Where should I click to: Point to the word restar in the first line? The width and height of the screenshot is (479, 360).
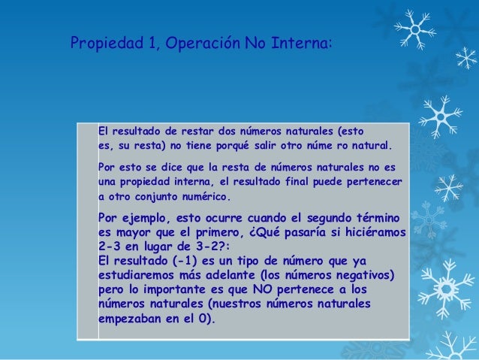184,129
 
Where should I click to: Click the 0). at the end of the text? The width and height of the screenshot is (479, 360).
203,317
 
